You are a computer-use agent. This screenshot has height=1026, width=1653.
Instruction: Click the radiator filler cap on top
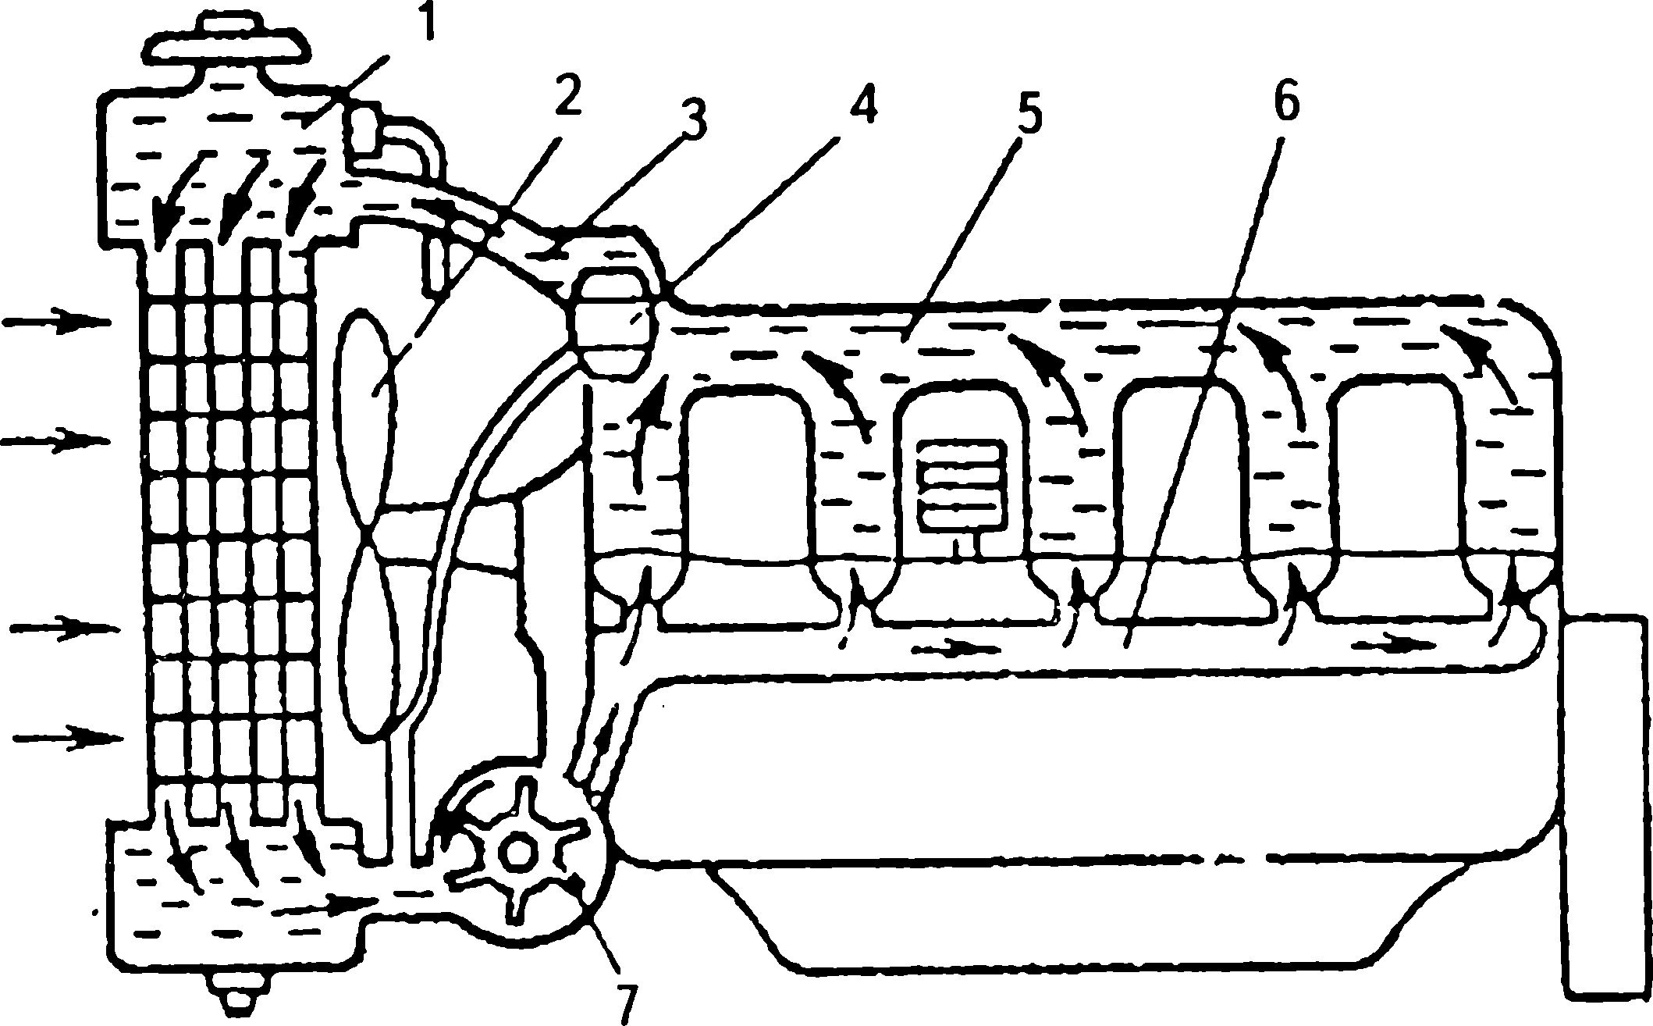tap(226, 46)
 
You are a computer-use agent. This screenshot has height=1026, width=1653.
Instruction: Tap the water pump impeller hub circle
tap(515, 852)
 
